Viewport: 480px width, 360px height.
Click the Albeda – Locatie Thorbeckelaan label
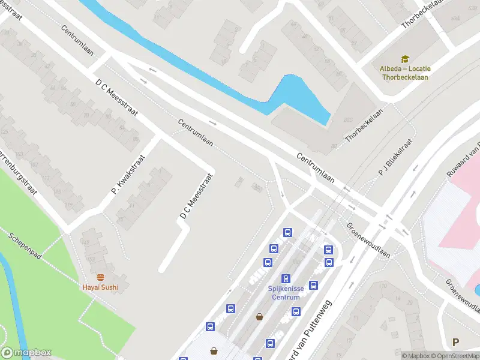pos(405,72)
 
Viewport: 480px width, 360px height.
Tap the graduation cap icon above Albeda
pos(405,59)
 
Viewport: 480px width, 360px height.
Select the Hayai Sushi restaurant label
pos(100,287)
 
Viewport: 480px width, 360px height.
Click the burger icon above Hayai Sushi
pos(100,277)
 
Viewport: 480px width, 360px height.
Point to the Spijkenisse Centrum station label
pos(286,292)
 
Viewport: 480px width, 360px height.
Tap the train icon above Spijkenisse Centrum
pos(286,278)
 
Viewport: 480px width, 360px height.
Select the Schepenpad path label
pos(25,246)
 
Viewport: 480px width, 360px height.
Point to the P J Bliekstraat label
pos(395,159)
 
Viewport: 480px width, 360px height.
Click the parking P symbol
pos(455,343)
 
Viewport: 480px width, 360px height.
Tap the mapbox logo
pos(26,353)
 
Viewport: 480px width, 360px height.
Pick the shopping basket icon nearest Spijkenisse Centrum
pos(260,316)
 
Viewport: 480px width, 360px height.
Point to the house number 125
pos(5,131)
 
